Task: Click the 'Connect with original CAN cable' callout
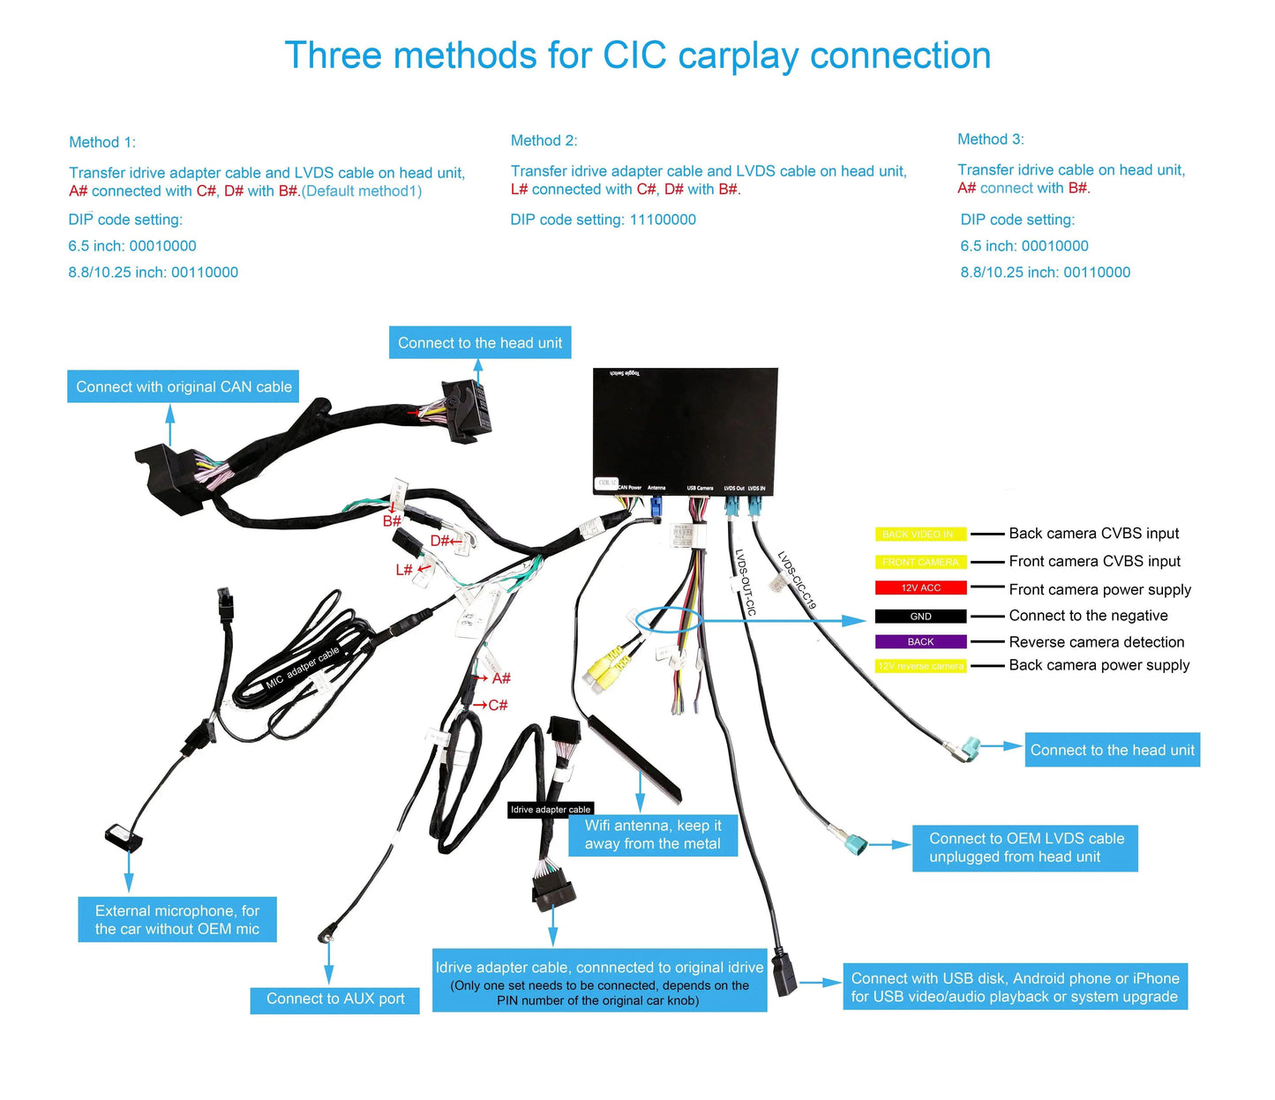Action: (184, 386)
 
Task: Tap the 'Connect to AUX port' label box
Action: (334, 999)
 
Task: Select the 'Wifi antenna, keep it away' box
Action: (652, 834)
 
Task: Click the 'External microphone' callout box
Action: (177, 919)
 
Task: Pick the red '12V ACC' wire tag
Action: (920, 587)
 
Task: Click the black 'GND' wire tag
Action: (920, 616)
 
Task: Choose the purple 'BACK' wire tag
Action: (920, 641)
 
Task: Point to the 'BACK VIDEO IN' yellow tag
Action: (919, 534)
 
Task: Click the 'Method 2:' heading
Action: (544, 140)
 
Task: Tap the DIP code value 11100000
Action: (662, 220)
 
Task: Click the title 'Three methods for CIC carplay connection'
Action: (637, 56)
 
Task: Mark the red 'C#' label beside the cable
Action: (498, 705)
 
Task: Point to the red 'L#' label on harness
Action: (404, 570)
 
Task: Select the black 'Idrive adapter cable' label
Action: (551, 809)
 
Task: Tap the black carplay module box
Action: (685, 428)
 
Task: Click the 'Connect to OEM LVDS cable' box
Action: (1024, 848)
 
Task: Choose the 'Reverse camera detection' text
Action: (1096, 642)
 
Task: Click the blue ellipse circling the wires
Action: (667, 618)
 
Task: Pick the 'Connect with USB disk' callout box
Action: (1015, 987)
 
